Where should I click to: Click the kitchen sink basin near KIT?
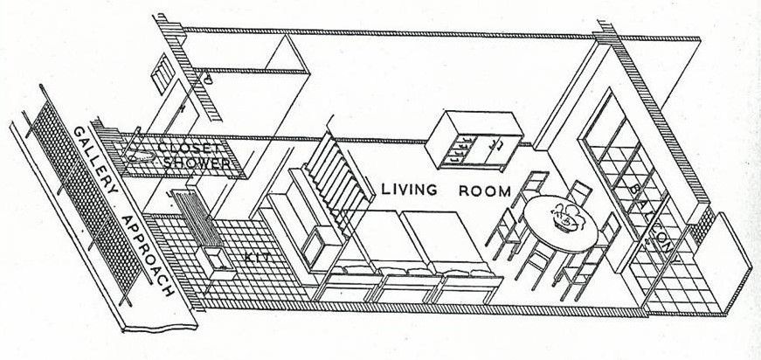coord(215,259)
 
